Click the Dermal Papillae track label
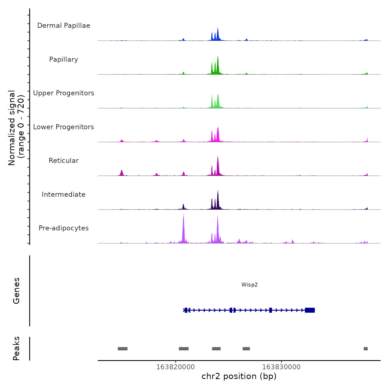(x=64, y=26)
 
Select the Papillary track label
(x=64, y=59)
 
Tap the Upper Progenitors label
(x=64, y=93)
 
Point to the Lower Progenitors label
(x=64, y=127)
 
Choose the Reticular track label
(x=64, y=161)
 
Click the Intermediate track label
(x=64, y=194)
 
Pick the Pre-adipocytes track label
(x=64, y=228)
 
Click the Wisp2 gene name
(x=250, y=285)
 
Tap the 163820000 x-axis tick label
(x=175, y=367)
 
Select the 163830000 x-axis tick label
(x=281, y=367)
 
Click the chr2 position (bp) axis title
(x=239, y=376)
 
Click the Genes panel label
(x=16, y=291)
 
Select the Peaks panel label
(x=16, y=348)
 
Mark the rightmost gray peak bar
(x=366, y=349)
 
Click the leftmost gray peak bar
(x=123, y=349)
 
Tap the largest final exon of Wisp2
(x=310, y=310)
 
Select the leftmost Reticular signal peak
(x=122, y=173)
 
